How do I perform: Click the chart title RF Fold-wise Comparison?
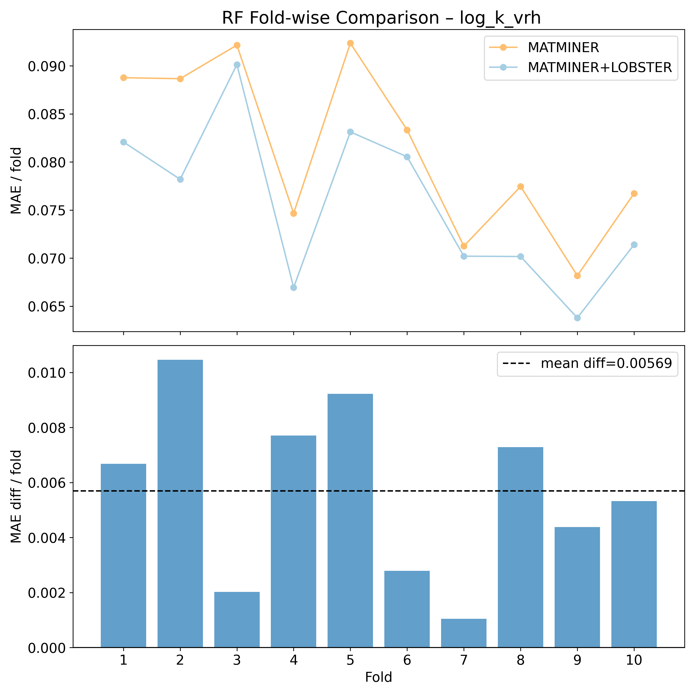click(381, 18)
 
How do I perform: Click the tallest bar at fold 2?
click(180, 504)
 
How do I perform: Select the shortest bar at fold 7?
click(464, 633)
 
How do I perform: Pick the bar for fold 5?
click(350, 522)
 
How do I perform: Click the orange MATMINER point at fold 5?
click(350, 43)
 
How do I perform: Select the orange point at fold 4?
click(294, 213)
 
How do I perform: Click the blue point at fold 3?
click(237, 65)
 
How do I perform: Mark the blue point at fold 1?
click(124, 142)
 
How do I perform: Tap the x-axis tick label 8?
click(521, 660)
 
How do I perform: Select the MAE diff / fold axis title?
click(16, 496)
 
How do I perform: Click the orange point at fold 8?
click(521, 186)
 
